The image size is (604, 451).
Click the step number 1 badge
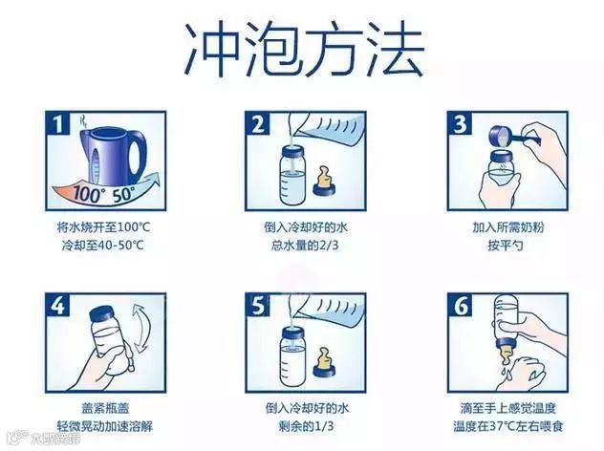pos(57,123)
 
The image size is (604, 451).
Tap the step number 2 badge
pos(258,123)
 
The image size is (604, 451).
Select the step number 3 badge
pos(460,123)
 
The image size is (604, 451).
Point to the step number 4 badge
pos(57,306)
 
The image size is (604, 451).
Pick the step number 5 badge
pos(258,306)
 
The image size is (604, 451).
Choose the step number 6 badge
pos(460,306)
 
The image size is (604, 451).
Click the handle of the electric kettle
pos(137,155)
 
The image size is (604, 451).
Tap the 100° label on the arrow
pos(87,194)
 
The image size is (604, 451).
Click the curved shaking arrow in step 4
pos(139,327)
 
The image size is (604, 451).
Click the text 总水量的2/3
pos(304,246)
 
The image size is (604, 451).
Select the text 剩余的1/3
pos(306,426)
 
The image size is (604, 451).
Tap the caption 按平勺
pos(505,246)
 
